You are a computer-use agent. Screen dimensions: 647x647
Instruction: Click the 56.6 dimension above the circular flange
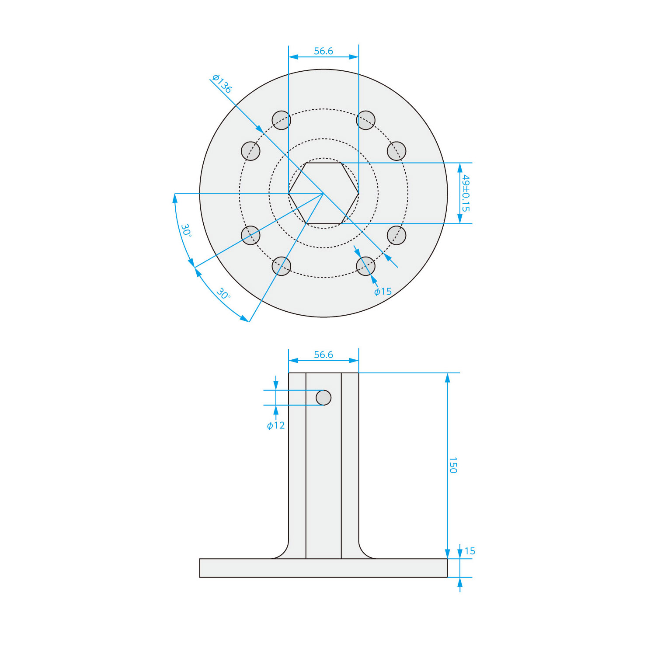[323, 51]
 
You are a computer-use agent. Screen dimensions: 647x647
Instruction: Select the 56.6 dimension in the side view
[323, 355]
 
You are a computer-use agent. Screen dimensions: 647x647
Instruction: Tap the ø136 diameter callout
[222, 83]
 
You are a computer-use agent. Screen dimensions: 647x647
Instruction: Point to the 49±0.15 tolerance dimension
[466, 193]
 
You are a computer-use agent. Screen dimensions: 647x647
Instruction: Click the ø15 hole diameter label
[383, 292]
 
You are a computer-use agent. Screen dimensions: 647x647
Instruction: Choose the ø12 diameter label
[276, 425]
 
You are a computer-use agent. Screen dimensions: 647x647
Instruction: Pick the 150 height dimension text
[453, 465]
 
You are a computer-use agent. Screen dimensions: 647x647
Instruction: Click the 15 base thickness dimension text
[470, 551]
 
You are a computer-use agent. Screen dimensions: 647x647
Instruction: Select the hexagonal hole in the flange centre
[323, 193]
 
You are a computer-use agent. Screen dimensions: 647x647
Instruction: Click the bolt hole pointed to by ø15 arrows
[366, 266]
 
